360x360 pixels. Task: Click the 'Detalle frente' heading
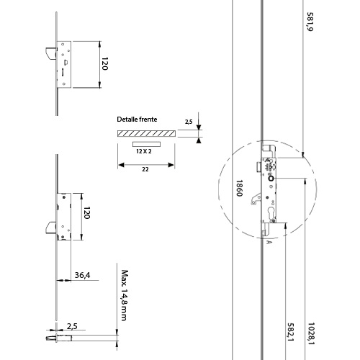click(x=137, y=120)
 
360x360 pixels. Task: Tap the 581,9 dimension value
click(x=310, y=22)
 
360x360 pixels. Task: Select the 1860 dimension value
click(x=239, y=188)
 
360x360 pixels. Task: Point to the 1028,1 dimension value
click(x=311, y=334)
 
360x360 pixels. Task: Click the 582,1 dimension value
click(x=291, y=332)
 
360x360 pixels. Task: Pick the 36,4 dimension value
click(x=82, y=275)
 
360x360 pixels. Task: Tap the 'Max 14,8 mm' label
click(x=125, y=295)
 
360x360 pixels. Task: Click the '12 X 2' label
click(x=144, y=151)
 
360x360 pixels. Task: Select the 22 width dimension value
click(x=145, y=169)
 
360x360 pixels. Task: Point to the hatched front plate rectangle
click(x=146, y=133)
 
